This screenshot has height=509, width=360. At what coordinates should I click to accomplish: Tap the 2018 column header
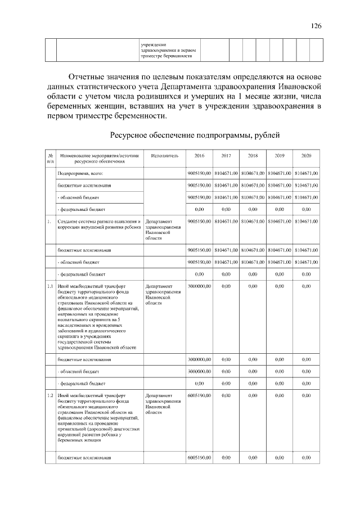tap(253, 155)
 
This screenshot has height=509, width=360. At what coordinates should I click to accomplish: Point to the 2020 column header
tap(306, 155)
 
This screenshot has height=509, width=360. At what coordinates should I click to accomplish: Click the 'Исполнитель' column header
tap(164, 155)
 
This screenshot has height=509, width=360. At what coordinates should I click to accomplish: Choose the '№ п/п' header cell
tap(50, 158)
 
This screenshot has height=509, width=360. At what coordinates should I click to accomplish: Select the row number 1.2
tap(50, 396)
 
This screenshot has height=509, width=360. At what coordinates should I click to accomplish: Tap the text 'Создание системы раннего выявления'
tap(98, 222)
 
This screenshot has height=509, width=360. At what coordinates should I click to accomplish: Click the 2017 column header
tap(226, 155)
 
